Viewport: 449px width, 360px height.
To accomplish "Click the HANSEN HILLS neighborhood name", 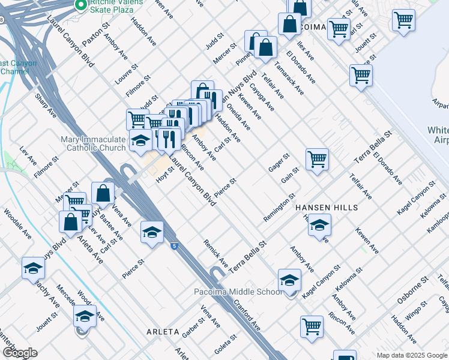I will pos(327,208).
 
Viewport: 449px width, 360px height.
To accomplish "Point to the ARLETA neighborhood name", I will pos(163,331).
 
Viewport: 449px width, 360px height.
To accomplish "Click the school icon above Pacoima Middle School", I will pos(289,280).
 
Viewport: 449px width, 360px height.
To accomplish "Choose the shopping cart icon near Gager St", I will pos(317,160).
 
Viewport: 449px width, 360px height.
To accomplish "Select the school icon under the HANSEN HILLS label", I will pos(320,226).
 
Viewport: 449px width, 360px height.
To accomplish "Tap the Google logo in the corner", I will pos(19,353).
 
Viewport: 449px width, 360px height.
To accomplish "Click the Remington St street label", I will pos(279,208).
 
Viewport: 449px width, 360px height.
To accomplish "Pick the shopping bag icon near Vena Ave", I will pos(103,194).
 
